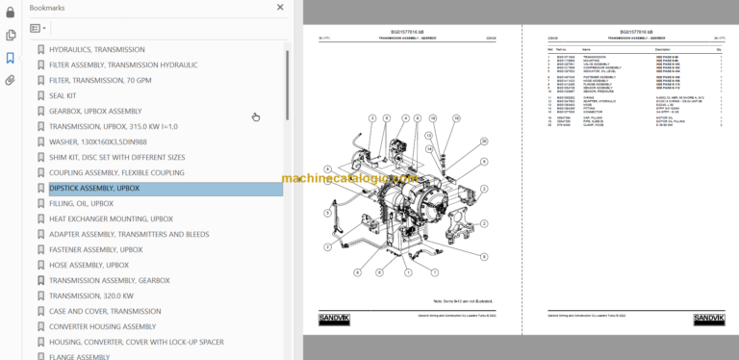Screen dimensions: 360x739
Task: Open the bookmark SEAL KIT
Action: point(68,95)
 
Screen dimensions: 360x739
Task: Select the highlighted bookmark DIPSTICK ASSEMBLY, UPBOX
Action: point(94,188)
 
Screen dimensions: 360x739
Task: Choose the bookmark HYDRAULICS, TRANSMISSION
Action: point(96,49)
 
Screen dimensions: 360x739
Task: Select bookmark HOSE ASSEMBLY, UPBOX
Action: point(89,265)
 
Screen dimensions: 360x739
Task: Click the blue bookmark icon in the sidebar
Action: point(11,58)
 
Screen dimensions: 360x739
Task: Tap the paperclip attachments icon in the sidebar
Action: point(11,80)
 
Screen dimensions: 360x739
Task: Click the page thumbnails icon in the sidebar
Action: point(11,35)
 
